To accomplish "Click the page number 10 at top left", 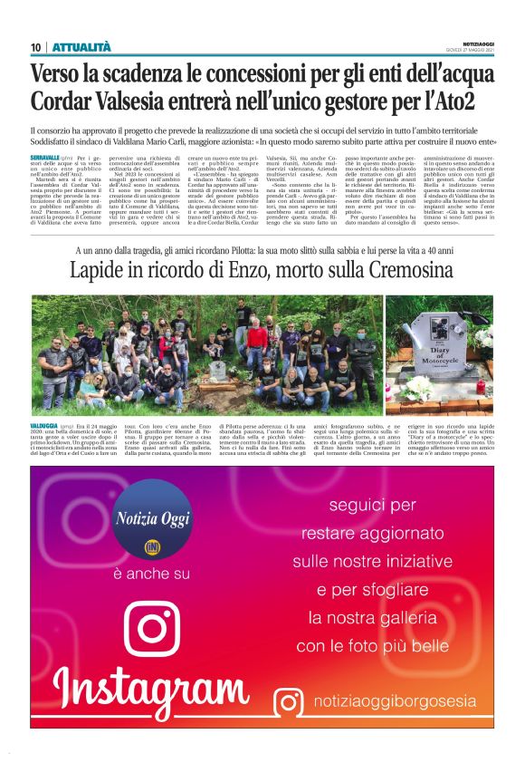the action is tap(36, 47).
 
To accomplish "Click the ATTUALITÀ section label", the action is tap(81, 47).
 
